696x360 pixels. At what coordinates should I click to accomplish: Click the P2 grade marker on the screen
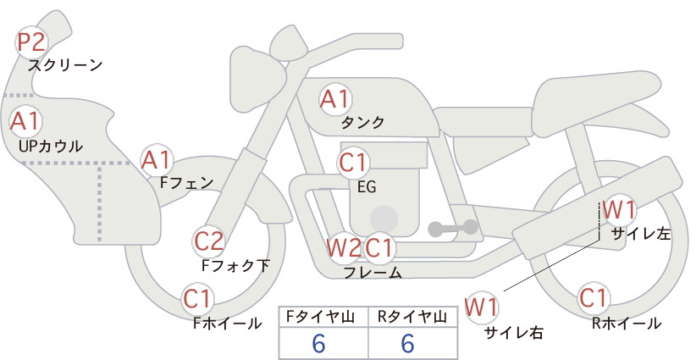tap(31, 42)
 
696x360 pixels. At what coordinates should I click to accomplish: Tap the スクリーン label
tap(65, 65)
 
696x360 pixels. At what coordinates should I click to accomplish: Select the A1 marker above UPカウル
tap(25, 121)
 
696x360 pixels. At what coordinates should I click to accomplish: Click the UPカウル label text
tap(51, 146)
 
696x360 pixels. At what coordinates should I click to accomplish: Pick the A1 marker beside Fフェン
tap(156, 160)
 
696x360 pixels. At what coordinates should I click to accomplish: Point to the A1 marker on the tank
tap(334, 99)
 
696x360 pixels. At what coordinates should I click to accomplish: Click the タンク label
tap(362, 122)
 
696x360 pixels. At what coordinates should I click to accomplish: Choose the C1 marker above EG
tap(353, 163)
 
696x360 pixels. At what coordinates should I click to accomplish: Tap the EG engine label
tap(367, 187)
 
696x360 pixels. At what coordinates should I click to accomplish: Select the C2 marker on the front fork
tap(209, 242)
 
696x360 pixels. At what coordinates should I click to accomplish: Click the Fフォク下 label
tap(235, 265)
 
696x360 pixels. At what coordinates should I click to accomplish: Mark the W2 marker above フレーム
tap(344, 247)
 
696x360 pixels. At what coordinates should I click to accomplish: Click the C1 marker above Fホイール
tap(196, 298)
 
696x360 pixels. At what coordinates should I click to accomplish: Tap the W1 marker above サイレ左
tap(619, 209)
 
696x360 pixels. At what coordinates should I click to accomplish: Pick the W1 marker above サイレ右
tap(481, 307)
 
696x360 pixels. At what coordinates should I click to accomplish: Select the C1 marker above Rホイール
tap(594, 298)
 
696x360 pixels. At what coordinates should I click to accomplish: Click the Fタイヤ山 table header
tap(320, 317)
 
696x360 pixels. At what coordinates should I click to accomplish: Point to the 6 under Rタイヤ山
tap(408, 343)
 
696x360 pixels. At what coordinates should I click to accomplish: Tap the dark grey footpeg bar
tap(453, 228)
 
